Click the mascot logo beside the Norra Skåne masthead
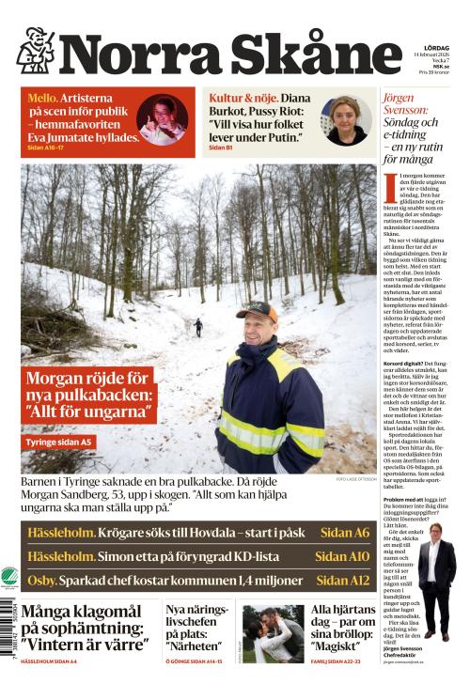35,51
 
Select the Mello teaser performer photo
163,118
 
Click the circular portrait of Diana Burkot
347,118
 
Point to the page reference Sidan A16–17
48,148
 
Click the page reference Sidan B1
219,148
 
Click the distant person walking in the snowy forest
197,327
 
